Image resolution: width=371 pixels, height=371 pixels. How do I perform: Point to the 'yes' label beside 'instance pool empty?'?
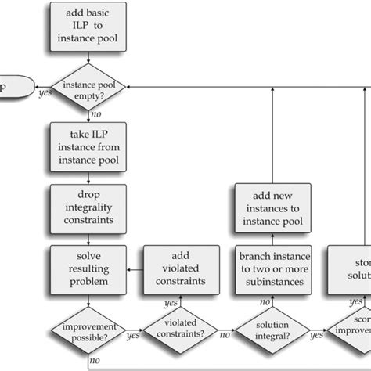(45, 93)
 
